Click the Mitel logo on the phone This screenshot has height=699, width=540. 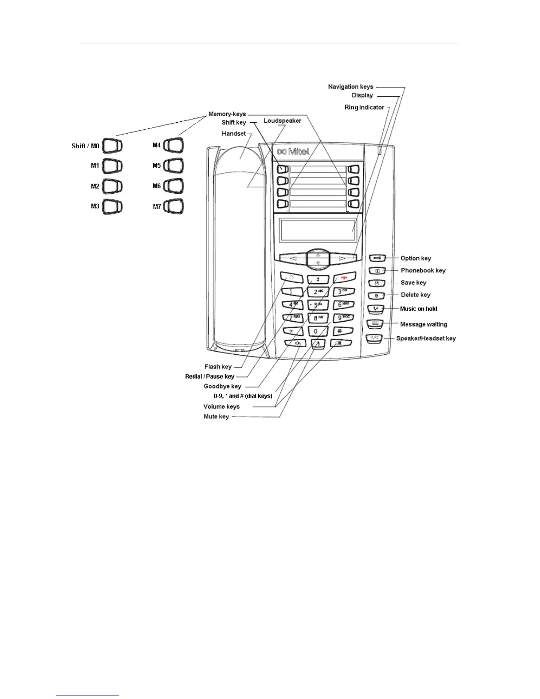pos(293,152)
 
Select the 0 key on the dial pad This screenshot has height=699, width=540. pos(316,331)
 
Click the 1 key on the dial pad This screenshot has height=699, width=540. pos(292,291)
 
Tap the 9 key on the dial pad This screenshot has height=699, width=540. pos(342,318)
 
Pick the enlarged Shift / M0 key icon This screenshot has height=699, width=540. pos(112,146)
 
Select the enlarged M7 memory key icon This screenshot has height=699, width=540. pos(173,206)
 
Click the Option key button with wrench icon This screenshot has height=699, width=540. pos(378,258)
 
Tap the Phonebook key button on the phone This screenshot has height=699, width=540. pos(377,271)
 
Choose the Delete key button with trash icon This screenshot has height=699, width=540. pos(376,295)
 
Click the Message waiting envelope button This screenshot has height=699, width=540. pos(375,324)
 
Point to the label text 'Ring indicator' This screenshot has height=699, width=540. pos(364,107)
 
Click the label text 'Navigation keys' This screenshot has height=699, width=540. pos(350,86)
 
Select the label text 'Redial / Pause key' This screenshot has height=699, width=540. pos(210,376)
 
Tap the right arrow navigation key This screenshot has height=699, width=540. pos(342,258)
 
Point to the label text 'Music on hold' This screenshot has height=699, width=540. pos(418,308)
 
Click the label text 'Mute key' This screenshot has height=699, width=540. pos(216,417)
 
